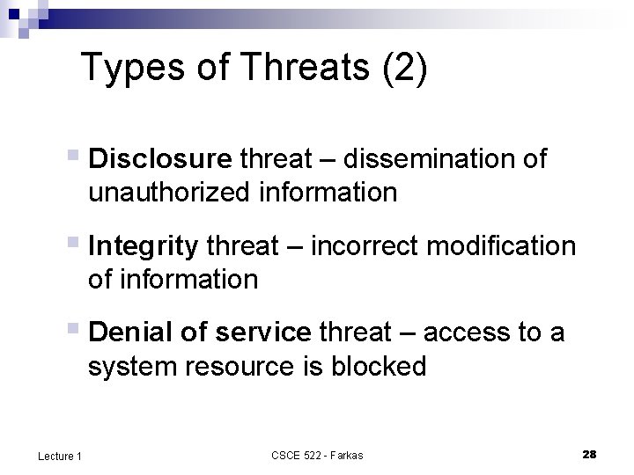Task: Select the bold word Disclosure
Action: [159, 159]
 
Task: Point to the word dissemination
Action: [418, 159]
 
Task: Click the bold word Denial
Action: [130, 333]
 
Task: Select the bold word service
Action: [262, 333]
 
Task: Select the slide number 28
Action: [589, 454]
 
